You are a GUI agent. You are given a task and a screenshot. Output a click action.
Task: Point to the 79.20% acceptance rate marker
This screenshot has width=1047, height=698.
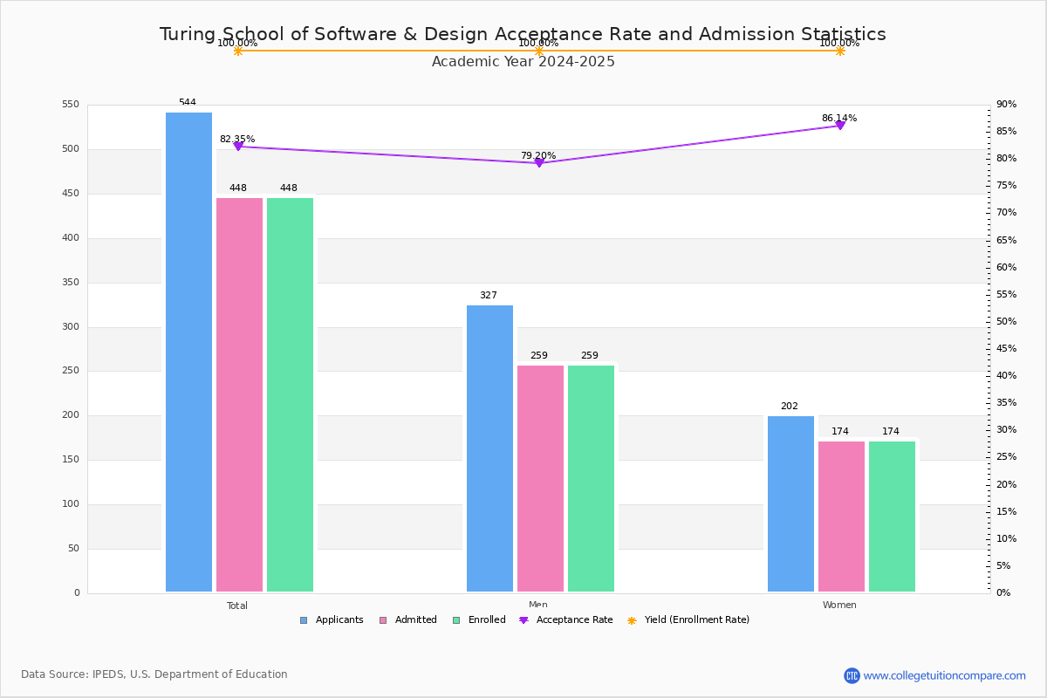(538, 163)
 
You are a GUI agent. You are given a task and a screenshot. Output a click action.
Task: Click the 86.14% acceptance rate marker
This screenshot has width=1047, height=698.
(839, 126)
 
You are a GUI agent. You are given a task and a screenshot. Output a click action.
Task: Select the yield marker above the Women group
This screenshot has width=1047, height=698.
(839, 51)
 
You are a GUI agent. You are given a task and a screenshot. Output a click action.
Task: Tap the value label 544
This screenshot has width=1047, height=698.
(188, 103)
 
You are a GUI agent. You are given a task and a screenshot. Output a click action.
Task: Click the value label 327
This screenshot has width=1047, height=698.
(489, 296)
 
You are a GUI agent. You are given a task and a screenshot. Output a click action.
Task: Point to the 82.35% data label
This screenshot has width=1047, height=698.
(237, 140)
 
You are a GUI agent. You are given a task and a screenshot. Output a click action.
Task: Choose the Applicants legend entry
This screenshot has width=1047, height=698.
(332, 620)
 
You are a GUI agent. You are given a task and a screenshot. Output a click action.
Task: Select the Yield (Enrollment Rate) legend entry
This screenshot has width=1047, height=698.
(688, 620)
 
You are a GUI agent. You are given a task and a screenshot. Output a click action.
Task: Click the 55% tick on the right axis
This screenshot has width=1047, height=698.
(1007, 295)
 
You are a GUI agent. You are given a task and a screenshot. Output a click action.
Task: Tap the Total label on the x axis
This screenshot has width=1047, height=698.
(237, 606)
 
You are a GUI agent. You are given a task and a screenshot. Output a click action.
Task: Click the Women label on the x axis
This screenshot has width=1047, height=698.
(839, 606)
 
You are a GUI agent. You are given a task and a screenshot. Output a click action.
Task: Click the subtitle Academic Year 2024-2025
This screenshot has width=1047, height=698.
(523, 62)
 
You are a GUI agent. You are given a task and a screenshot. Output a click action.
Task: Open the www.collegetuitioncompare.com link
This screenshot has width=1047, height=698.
(944, 675)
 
